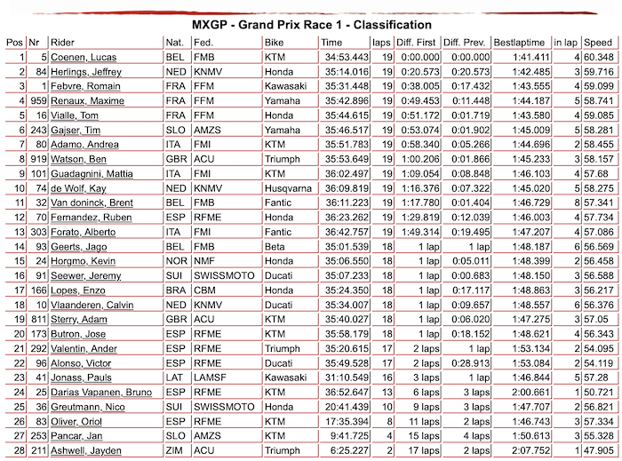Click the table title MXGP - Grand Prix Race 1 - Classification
[x=311, y=25]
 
